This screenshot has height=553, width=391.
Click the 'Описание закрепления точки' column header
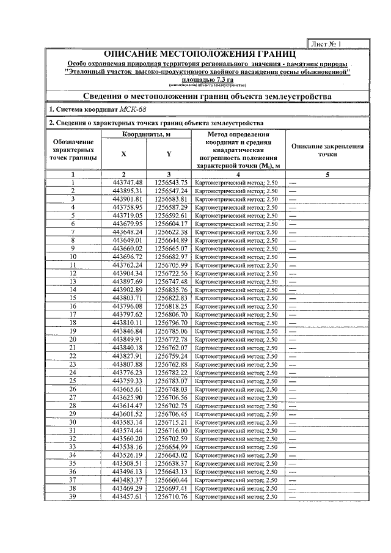coord(327,151)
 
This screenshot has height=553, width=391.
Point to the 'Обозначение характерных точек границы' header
coord(73,150)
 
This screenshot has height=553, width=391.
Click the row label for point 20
coord(73,339)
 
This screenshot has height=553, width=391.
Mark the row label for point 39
coord(73,496)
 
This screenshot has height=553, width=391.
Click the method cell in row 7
coord(236,232)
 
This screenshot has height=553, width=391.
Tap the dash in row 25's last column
coord(293,381)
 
